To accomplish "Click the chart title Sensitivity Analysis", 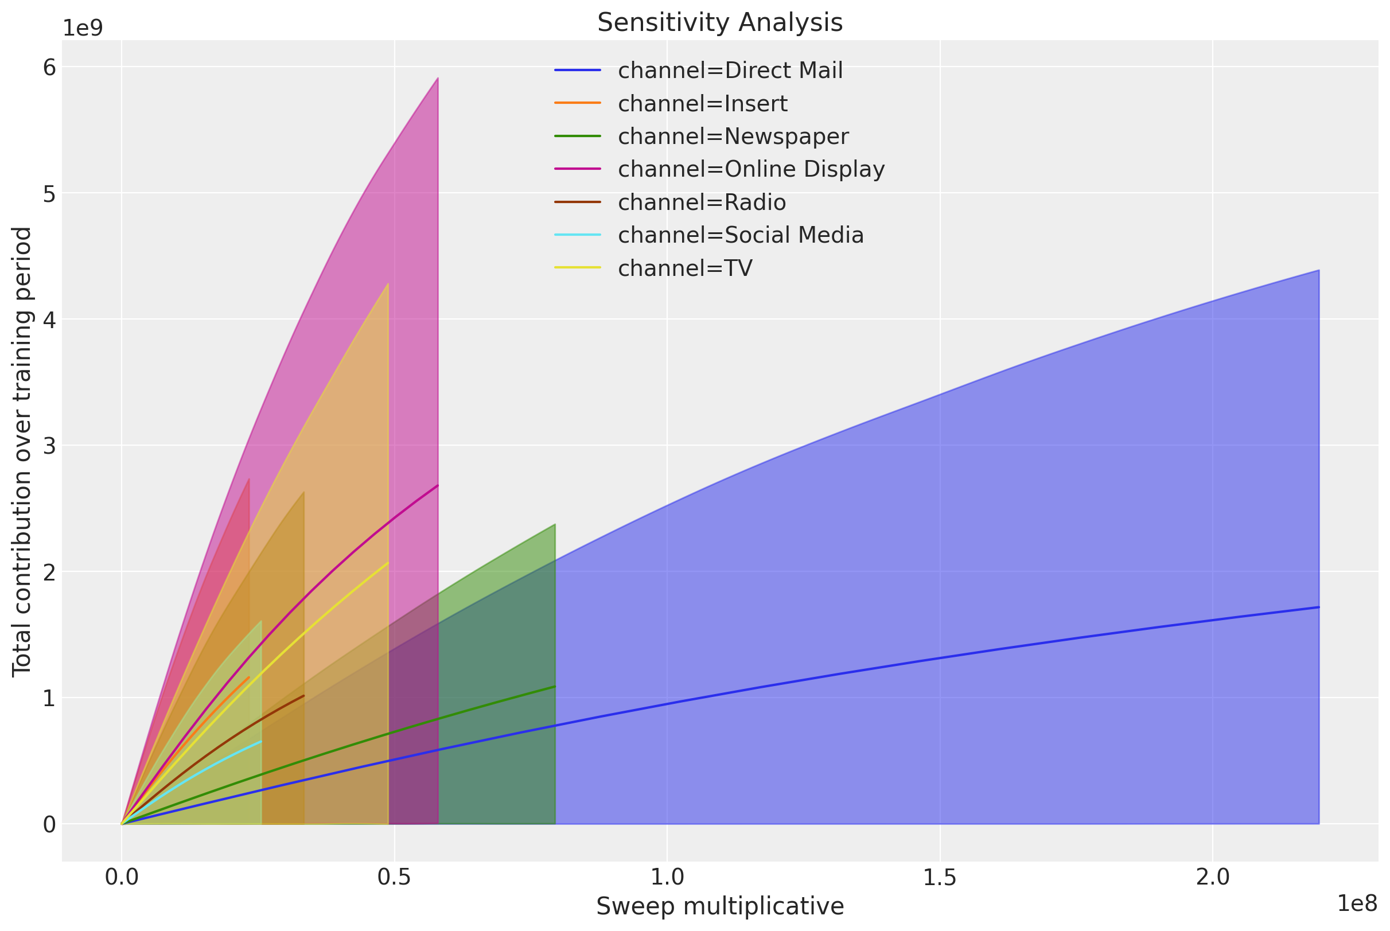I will coord(719,23).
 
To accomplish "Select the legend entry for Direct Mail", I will coord(730,71).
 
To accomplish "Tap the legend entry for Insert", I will coord(702,104).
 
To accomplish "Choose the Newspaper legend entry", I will coord(733,137).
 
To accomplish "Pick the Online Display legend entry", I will coord(750,169).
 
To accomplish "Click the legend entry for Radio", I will coord(701,202).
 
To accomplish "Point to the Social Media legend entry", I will coord(740,235).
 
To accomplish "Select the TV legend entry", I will coord(684,268).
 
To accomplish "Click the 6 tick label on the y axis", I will coord(49,68).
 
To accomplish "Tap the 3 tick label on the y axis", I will coord(49,446).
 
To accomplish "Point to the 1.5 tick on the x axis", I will coord(939,878).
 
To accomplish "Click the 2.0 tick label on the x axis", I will coord(1212,878).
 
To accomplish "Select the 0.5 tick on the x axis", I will coord(394,878).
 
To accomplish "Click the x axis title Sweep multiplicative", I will coord(719,907).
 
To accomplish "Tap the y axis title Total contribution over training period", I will coord(22,451).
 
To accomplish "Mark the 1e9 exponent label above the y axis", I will coord(83,28).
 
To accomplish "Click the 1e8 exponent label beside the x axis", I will coord(1356,903).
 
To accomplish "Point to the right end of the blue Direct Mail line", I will coord(1318,607).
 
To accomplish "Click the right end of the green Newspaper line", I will coord(555,687).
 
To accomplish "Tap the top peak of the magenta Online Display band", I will coord(438,79).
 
